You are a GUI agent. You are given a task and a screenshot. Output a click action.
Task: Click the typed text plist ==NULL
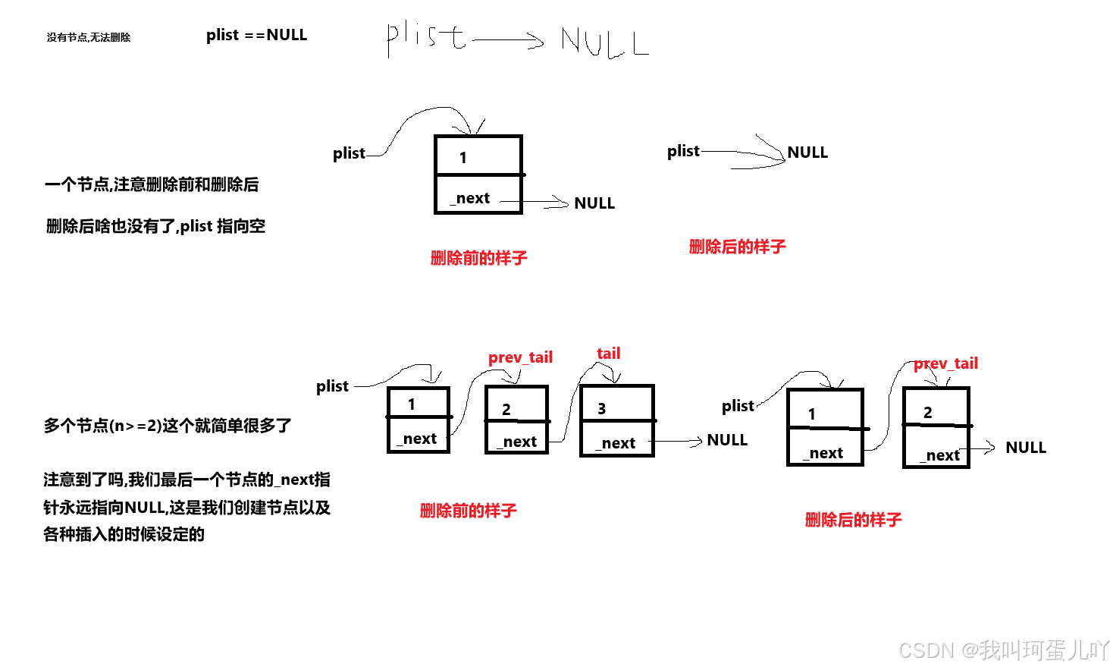pos(256,35)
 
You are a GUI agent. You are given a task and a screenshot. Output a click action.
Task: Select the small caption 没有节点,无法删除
pos(89,37)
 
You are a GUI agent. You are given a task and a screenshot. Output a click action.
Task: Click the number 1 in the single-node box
pos(463,158)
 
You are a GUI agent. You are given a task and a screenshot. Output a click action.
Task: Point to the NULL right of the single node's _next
pos(594,203)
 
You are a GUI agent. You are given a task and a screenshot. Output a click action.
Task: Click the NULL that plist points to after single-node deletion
pos(807,153)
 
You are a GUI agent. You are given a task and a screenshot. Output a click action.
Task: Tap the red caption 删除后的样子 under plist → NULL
pos(737,247)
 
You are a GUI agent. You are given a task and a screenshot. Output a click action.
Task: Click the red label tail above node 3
pos(608,354)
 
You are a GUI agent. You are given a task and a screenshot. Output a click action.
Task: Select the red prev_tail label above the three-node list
pos(520,357)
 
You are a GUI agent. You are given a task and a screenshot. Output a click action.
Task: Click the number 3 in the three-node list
pos(601,409)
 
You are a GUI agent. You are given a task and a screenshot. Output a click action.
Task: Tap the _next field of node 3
pos(617,443)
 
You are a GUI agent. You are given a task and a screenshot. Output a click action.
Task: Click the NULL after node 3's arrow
pos(727,440)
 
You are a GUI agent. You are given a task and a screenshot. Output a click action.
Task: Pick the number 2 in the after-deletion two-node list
pos(927,413)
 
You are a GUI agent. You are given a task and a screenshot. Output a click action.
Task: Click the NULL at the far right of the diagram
pos(1026,448)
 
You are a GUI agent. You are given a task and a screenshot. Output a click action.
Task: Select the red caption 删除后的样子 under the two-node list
pos(853,520)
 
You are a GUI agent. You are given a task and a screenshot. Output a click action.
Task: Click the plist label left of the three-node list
pos(332,386)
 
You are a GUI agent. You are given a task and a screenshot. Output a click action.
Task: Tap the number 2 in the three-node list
pos(506,410)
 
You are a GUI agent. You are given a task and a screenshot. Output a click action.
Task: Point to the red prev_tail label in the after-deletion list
pos(945,363)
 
